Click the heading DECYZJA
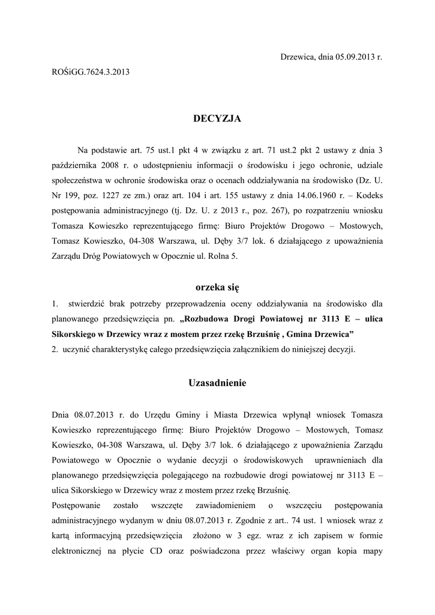pyautogui.click(x=217, y=119)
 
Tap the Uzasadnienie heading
pyautogui.click(x=217, y=383)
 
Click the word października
pyautogui.click(x=76, y=165)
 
